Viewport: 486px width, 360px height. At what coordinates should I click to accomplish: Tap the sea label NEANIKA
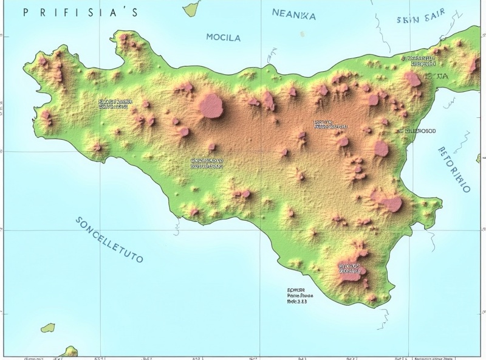[294, 15]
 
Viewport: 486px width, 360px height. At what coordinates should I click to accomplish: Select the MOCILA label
[223, 37]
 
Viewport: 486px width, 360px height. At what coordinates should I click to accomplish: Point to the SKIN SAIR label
[420, 19]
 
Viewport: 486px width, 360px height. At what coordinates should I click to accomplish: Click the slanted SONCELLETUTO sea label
[110, 239]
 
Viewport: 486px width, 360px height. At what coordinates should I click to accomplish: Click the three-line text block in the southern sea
[297, 296]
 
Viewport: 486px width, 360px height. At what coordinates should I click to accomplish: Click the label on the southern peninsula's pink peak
[350, 268]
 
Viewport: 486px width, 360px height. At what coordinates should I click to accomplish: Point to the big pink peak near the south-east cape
[391, 203]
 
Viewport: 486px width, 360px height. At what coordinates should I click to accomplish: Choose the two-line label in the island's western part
[114, 104]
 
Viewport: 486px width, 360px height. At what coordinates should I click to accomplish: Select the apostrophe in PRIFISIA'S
[124, 9]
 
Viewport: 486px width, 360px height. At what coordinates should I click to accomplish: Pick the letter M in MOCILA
[210, 37]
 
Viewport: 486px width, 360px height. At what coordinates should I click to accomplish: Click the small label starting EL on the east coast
[417, 130]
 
